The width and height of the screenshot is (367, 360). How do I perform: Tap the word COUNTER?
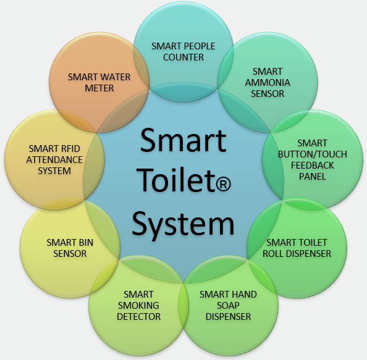click(183, 57)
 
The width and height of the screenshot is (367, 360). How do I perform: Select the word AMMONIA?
click(268, 83)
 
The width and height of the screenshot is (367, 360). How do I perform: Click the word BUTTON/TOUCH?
click(312, 154)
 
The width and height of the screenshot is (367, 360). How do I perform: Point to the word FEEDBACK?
click(312, 165)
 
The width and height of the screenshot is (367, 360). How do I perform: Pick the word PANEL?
click(312, 177)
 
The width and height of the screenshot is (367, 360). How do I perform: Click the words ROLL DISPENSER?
click(297, 254)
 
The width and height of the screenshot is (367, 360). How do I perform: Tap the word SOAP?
click(228, 306)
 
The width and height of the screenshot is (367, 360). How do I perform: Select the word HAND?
click(244, 295)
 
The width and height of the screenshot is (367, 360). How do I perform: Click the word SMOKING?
click(138, 306)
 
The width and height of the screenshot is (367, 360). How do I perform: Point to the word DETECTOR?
click(138, 317)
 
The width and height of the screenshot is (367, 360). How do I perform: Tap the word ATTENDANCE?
click(54, 160)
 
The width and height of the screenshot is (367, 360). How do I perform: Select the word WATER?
click(115, 77)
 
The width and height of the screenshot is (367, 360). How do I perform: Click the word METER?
click(99, 88)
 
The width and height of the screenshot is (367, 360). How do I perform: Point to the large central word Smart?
click(183, 140)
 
